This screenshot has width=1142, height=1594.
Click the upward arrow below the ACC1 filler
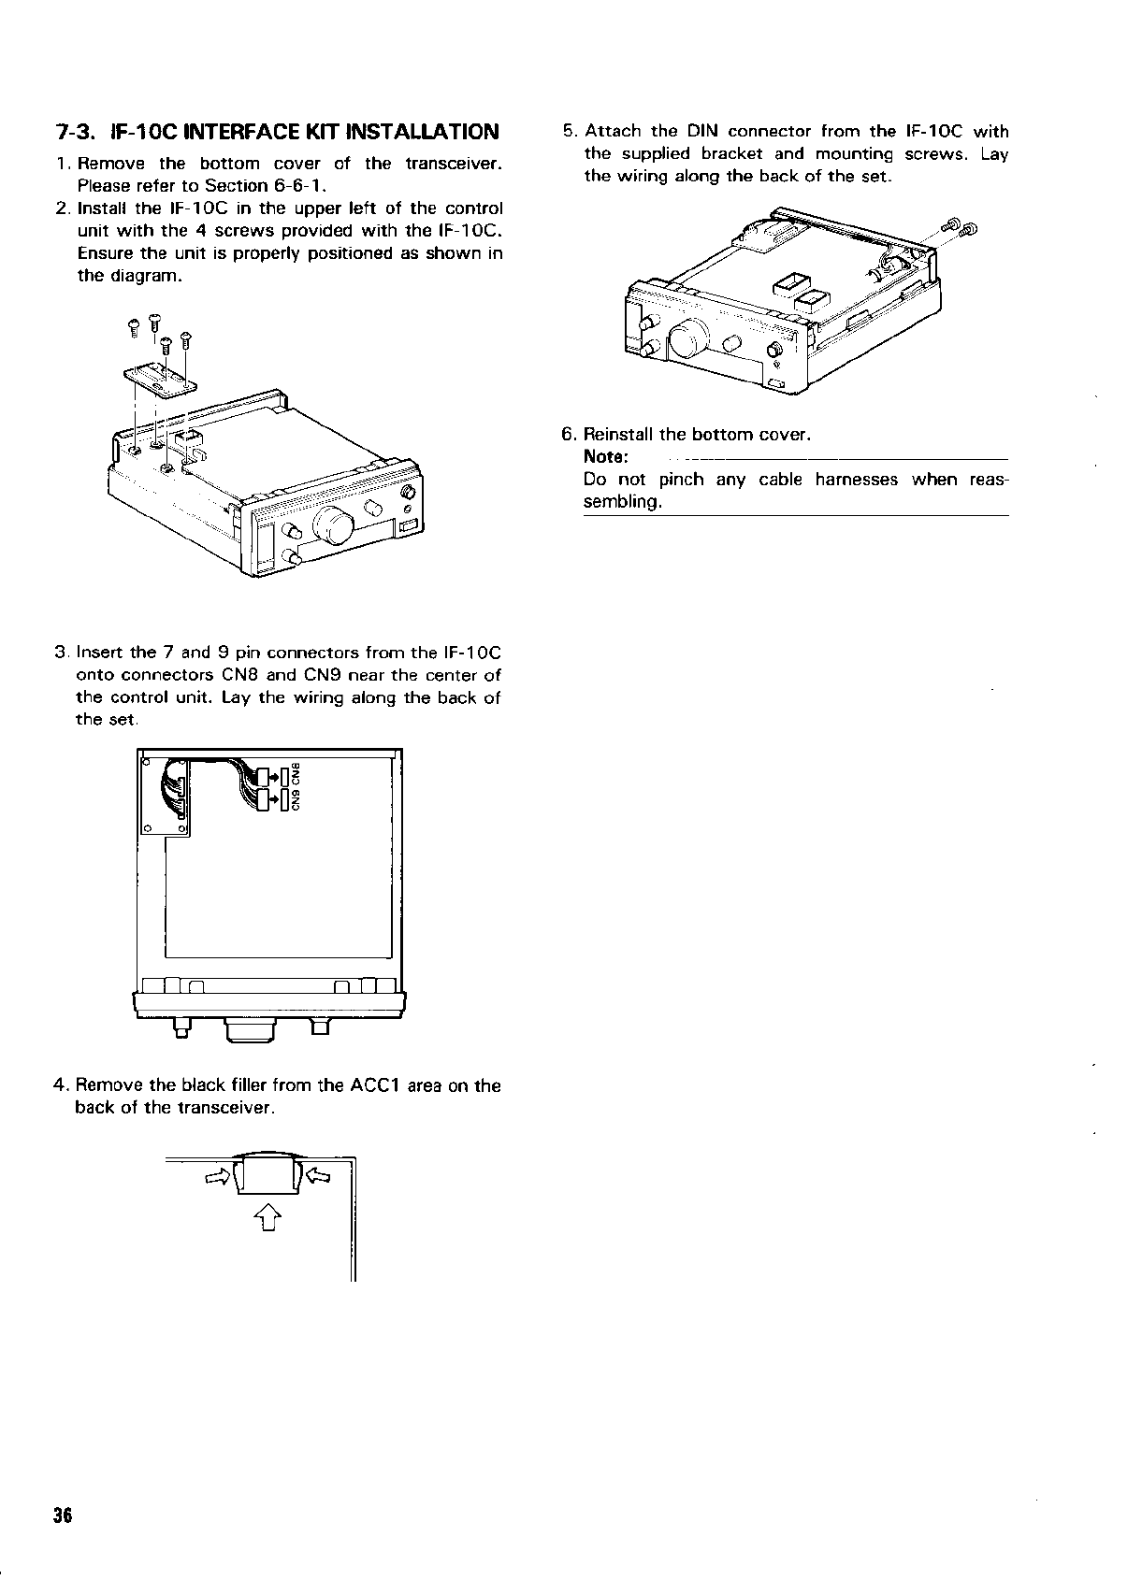coord(267,1217)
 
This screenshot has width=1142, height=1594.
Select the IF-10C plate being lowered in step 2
coord(160,380)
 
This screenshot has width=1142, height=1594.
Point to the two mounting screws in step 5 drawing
coord(960,227)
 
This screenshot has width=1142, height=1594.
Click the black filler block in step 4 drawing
coord(267,1175)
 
